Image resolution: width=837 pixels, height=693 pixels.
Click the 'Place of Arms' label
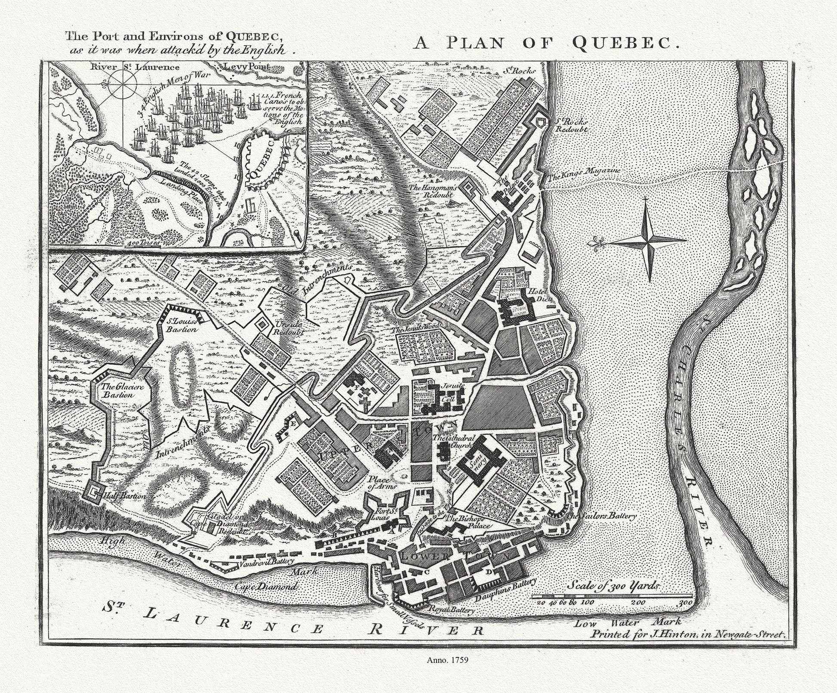pyautogui.click(x=378, y=483)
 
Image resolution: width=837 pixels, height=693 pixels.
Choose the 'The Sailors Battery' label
pyautogui.click(x=601, y=515)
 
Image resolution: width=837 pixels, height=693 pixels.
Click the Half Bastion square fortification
pyautogui.click(x=94, y=491)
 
